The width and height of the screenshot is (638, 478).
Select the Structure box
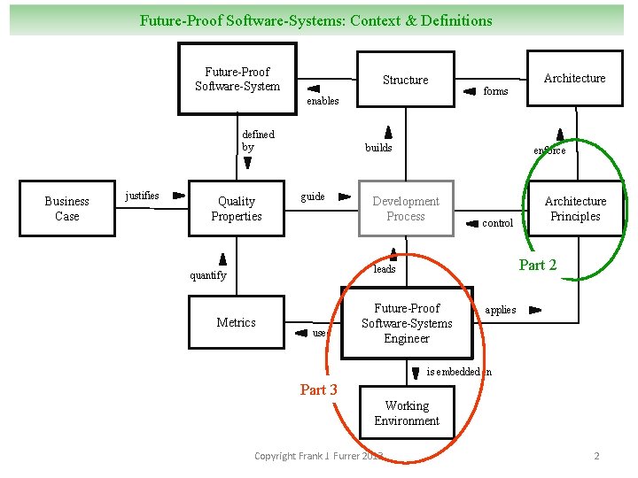[x=405, y=80]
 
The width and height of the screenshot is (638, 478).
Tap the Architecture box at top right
[x=574, y=78]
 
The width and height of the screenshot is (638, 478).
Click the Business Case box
[x=67, y=209]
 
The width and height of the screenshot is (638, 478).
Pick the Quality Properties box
[x=237, y=209]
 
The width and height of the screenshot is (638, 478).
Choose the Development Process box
[x=405, y=209]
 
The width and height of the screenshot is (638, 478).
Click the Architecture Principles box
[x=574, y=209]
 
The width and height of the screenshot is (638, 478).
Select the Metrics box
[x=237, y=322]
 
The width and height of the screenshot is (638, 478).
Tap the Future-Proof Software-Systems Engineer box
[x=407, y=323]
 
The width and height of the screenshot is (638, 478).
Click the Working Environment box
[x=407, y=413]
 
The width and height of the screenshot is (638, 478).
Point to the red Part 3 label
[x=318, y=389]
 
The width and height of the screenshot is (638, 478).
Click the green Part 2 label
[x=538, y=266]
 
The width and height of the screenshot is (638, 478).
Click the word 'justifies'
[x=143, y=195]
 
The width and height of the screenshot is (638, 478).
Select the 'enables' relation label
[x=323, y=101]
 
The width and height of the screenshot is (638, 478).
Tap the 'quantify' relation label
[x=208, y=275]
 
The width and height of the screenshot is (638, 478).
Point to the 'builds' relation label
[x=378, y=147]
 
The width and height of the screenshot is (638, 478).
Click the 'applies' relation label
[x=501, y=310]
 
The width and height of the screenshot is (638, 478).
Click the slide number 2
[x=596, y=456]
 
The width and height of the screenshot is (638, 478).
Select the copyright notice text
[x=318, y=456]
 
